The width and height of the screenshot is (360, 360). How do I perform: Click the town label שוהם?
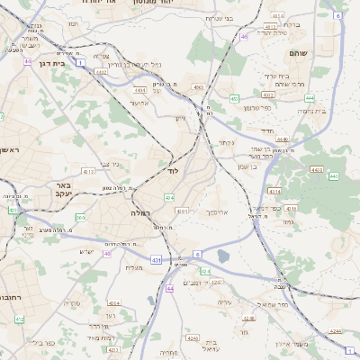click(x=298, y=54)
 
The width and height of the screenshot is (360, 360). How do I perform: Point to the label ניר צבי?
click(x=111, y=164)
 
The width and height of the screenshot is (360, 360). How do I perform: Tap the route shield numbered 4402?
click(x=139, y=90)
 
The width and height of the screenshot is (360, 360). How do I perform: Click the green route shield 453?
click(x=234, y=99)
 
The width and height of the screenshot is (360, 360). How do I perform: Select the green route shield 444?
click(x=310, y=97)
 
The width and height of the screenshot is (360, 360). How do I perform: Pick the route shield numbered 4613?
click(x=87, y=170)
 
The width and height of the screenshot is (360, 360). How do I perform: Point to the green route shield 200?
click(x=80, y=217)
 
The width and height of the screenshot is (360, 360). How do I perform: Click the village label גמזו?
click(x=288, y=221)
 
